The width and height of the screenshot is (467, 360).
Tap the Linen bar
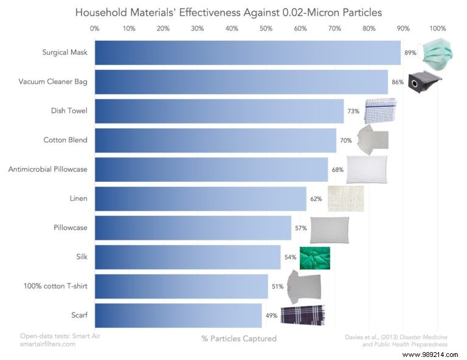pyautogui.click(x=201, y=198)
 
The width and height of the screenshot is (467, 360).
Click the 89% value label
pyautogui.click(x=410, y=53)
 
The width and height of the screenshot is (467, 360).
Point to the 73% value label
pyautogui.click(x=353, y=111)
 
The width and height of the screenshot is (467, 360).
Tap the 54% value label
pyautogui.click(x=290, y=257)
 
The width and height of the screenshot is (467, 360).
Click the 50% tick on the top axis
pyautogui.click(x=266, y=28)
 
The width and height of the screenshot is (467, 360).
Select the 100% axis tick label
pyautogui.click(x=438, y=28)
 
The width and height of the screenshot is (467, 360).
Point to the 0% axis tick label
pyautogui.click(x=95, y=28)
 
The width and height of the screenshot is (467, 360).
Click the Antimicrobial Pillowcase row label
pyautogui.click(x=48, y=169)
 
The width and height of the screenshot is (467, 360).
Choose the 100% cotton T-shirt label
pyautogui.click(x=58, y=286)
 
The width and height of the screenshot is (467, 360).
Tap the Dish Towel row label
pyautogui.click(x=69, y=111)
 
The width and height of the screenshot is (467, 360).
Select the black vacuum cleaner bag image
pyautogui.click(x=424, y=81)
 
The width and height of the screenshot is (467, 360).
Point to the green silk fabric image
pyautogui.click(x=315, y=258)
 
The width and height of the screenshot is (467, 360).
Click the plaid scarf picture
pyautogui.click(x=302, y=315)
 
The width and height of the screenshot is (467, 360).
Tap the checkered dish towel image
pyautogui.click(x=380, y=109)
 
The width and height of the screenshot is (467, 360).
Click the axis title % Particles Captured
pyautogui.click(x=239, y=338)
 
